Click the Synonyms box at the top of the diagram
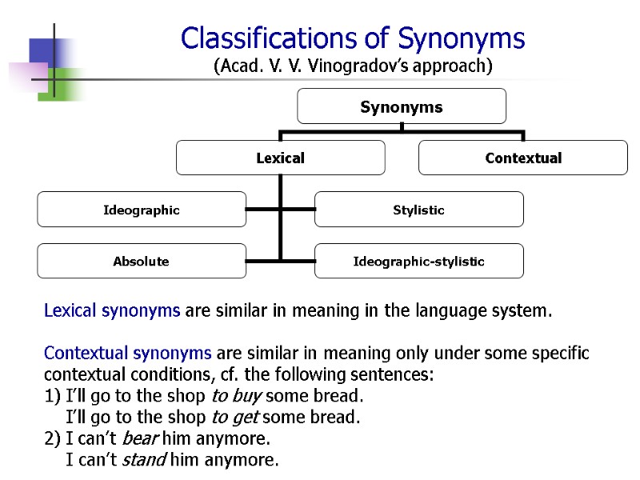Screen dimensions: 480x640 401,106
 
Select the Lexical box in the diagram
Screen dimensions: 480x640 280,158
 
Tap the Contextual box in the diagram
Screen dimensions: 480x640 523,158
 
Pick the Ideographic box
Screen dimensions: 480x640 142,210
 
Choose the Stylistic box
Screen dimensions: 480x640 418,210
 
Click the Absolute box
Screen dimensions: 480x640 142,261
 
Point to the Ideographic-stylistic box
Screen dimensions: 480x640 418,261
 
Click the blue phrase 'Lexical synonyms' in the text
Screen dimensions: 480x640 112,310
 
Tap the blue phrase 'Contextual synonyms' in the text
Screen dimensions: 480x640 127,353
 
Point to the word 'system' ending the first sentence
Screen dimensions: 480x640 523,310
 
